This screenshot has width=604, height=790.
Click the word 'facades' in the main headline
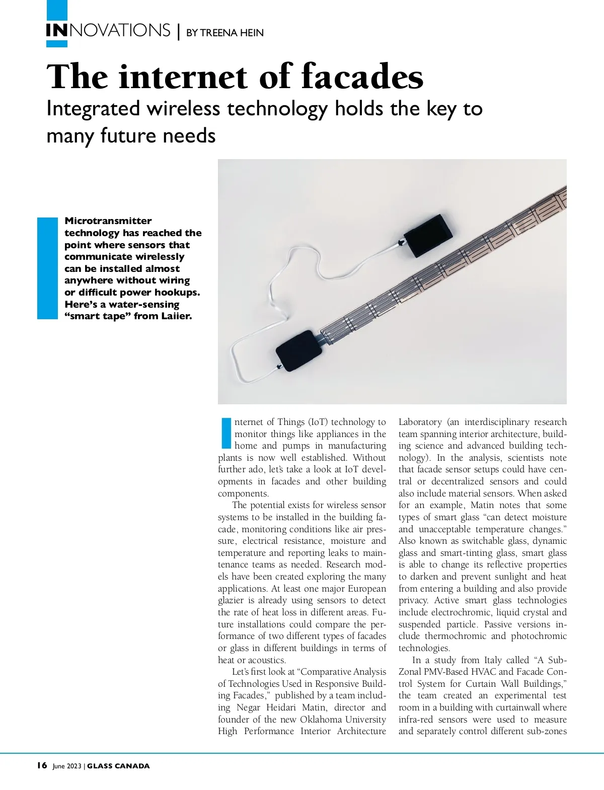362,77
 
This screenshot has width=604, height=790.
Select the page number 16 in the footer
42,766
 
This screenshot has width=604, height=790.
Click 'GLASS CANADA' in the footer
119,766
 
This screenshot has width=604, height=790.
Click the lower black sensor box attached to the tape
299,351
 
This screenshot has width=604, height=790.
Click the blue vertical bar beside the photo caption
48,268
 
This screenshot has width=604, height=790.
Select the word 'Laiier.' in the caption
177,316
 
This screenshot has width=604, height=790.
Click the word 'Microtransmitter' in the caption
108,221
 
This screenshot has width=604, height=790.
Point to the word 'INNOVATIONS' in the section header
108,31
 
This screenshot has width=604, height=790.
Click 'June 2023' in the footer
67,766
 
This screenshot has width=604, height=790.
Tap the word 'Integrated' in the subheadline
93,109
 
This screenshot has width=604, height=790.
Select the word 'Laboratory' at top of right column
420,422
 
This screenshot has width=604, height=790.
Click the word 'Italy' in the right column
493,660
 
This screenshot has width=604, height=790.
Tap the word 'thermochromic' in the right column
455,636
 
